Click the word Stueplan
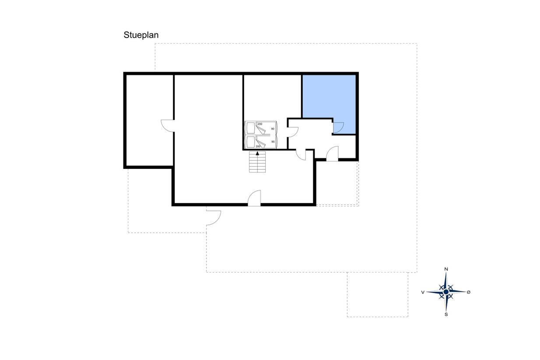click(x=141, y=35)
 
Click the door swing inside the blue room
click(x=338, y=127)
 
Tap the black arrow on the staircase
click(x=257, y=153)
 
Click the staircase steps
click(x=257, y=162)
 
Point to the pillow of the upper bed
click(x=251, y=128)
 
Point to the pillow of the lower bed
click(x=251, y=142)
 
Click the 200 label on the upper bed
click(x=260, y=124)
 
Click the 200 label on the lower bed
click(x=258, y=146)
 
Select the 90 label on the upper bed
click(x=273, y=129)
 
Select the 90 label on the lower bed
click(x=273, y=142)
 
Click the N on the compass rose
click(x=446, y=269)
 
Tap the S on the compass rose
click(x=446, y=315)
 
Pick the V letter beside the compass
click(x=423, y=292)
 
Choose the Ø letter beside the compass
click(x=468, y=292)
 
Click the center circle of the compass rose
click(x=446, y=292)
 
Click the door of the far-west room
click(x=168, y=126)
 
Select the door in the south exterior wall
click(x=254, y=198)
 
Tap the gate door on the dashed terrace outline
click(x=214, y=218)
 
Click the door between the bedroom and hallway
click(x=293, y=132)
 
